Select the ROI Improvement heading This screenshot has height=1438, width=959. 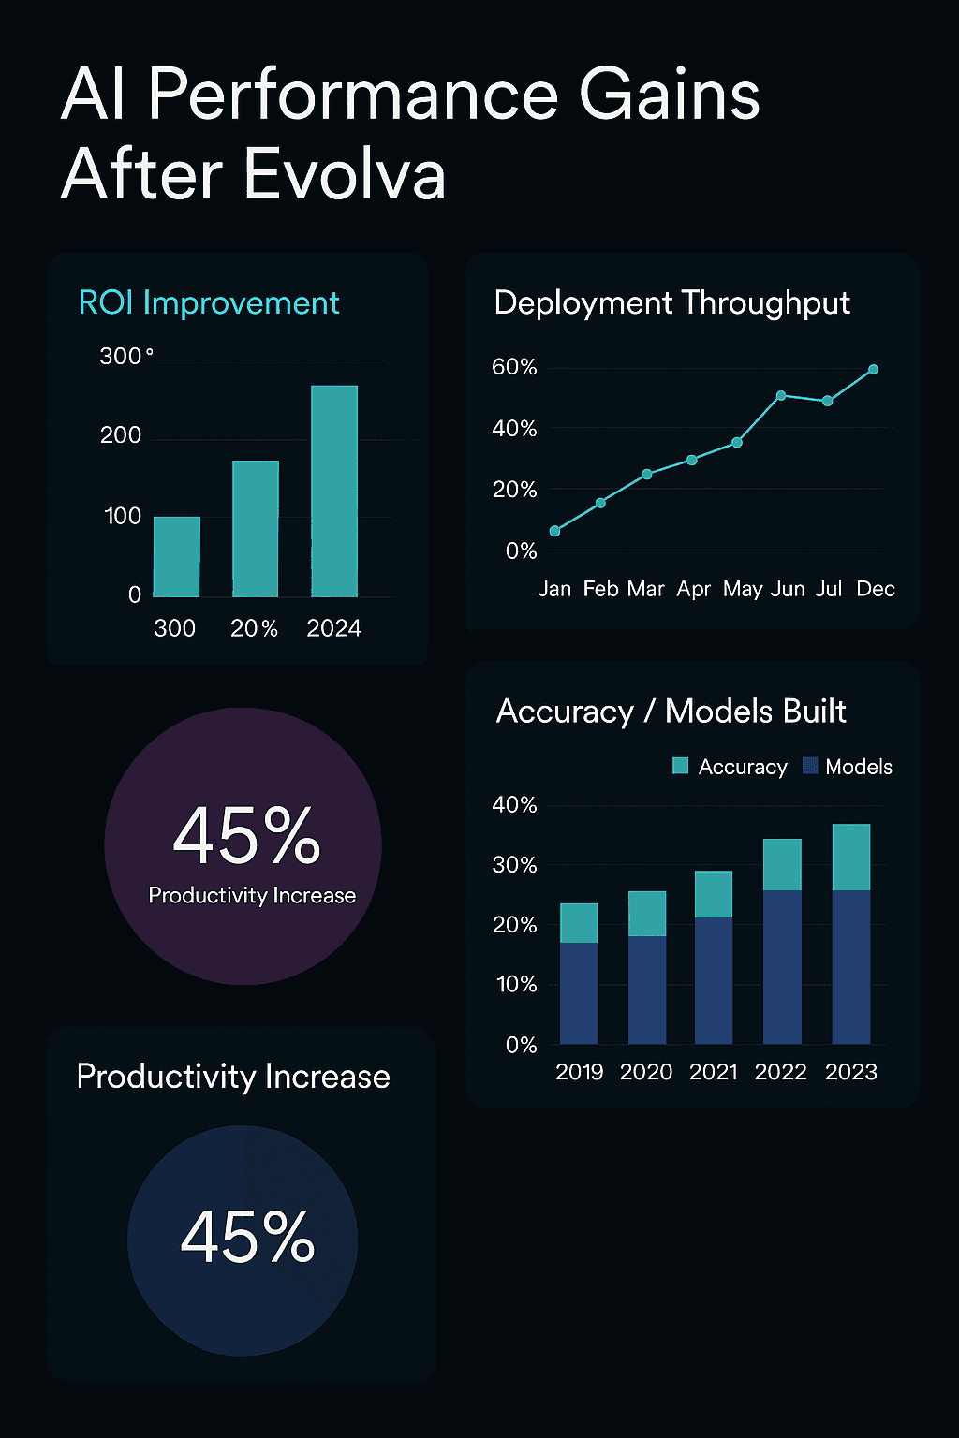209,303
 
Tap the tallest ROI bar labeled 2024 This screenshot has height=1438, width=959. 334,491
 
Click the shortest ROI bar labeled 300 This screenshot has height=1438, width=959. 177,556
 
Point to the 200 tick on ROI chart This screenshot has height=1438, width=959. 121,435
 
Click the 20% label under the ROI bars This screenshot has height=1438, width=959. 254,628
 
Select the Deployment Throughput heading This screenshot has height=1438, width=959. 671,303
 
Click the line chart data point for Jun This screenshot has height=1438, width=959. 781,396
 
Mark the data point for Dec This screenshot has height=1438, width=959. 874,370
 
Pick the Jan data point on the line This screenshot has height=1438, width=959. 555,531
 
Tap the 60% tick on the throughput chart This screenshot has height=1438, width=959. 514,367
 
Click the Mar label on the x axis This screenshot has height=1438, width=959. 645,589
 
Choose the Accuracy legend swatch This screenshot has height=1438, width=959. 681,766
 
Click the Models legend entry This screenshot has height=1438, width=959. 848,767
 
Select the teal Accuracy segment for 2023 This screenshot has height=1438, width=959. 851,857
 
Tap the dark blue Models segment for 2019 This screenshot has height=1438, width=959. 579,992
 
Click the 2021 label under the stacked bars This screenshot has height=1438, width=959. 714,1072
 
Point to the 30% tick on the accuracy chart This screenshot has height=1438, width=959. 514,865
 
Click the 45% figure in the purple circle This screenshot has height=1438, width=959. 246,835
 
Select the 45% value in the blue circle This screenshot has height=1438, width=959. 247,1237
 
